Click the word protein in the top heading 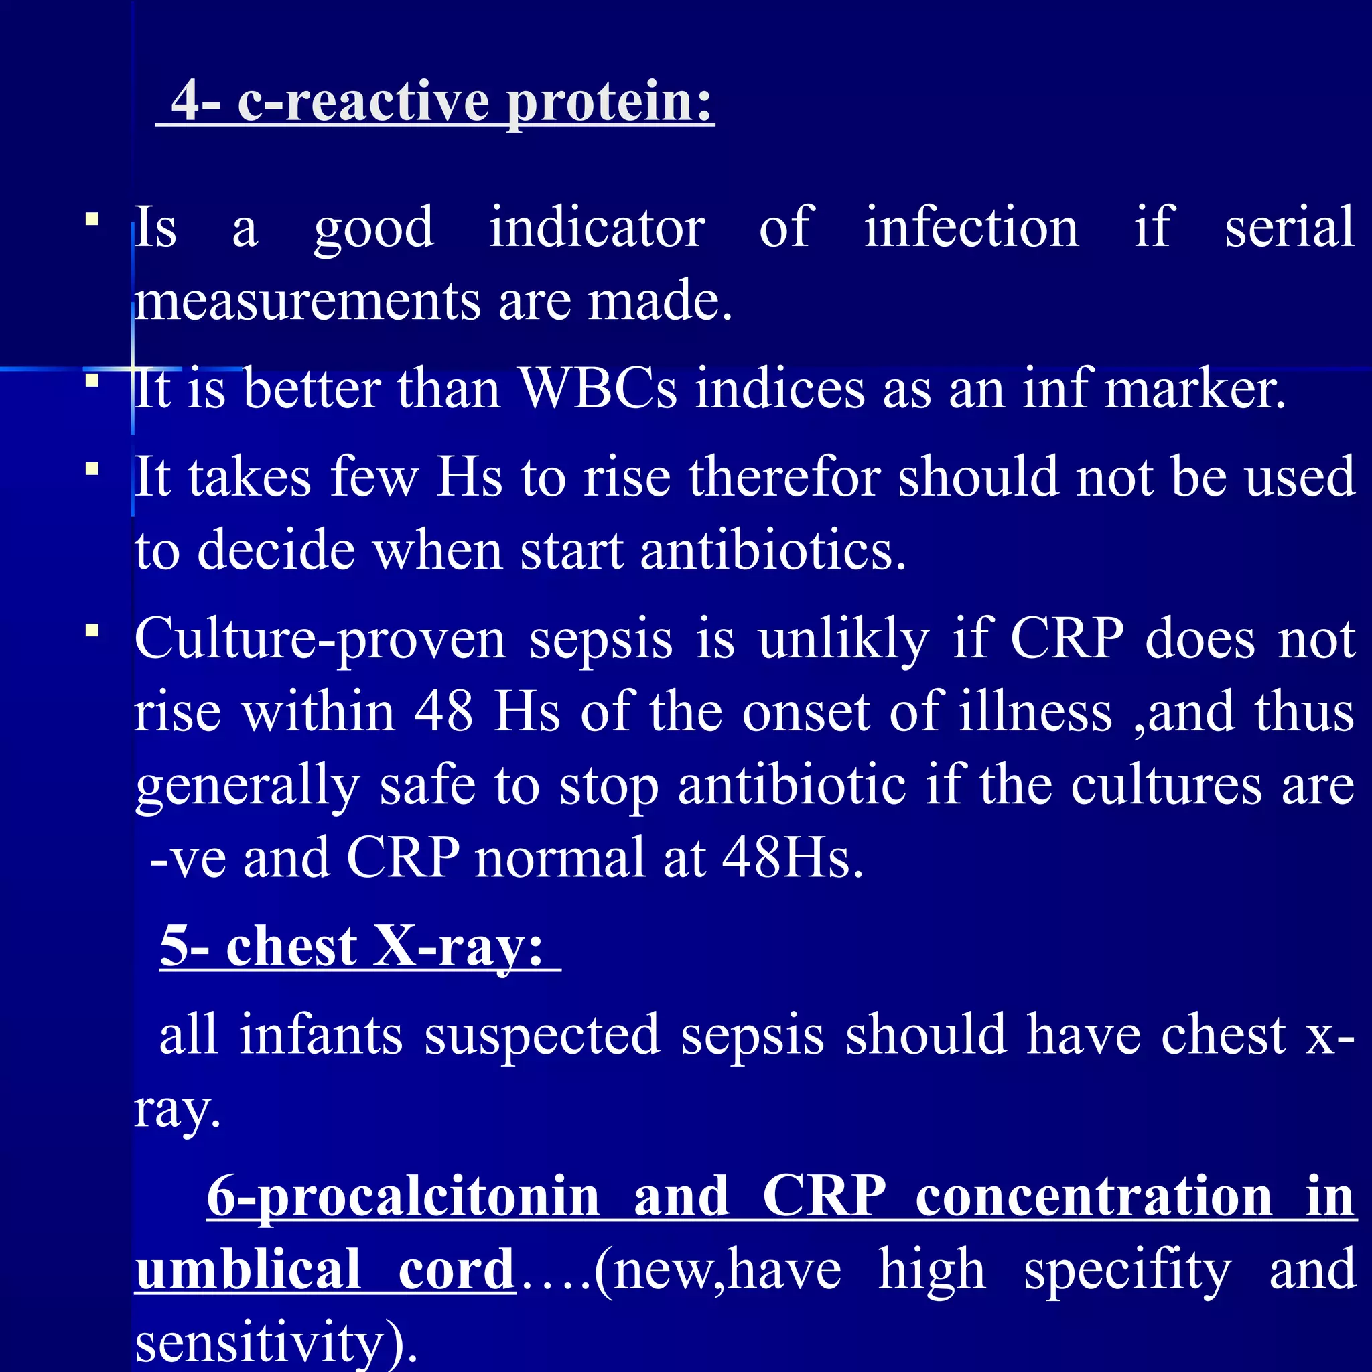click(x=608, y=102)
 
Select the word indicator click(x=596, y=227)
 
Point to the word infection click(x=971, y=227)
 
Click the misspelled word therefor click(x=784, y=476)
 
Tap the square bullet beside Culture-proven click(x=92, y=630)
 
